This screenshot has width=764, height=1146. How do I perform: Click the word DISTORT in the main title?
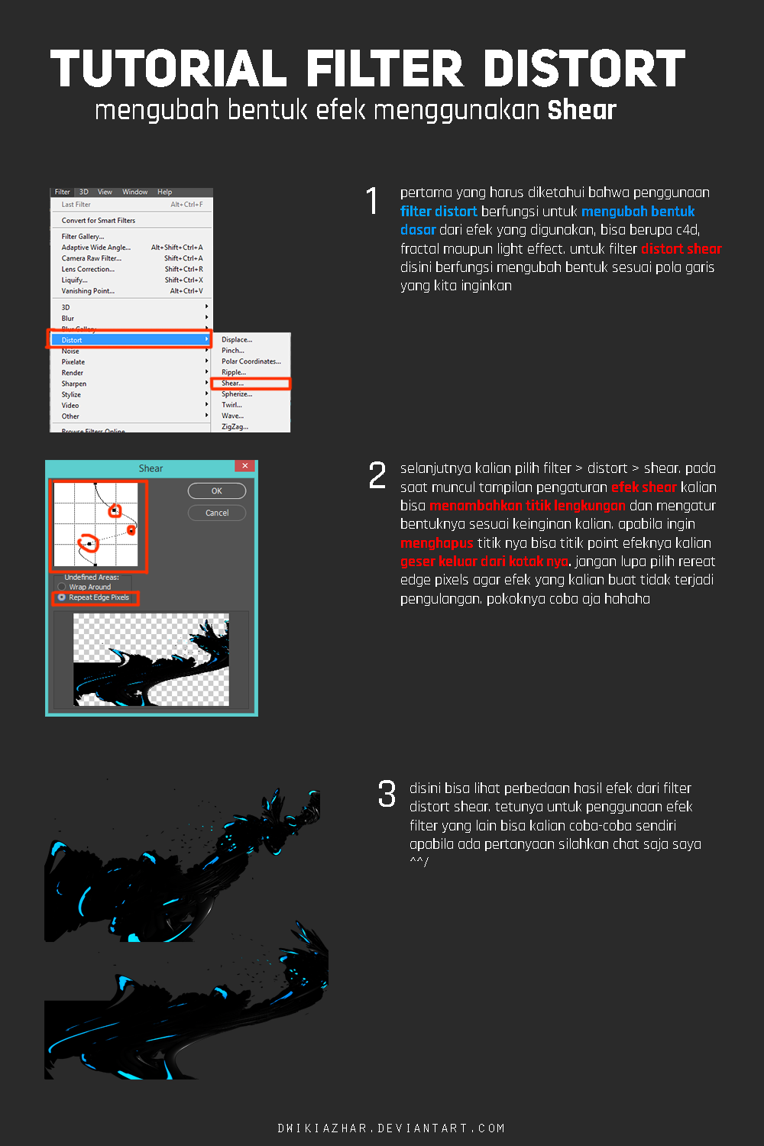point(584,69)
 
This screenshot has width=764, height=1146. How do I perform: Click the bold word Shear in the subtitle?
point(581,110)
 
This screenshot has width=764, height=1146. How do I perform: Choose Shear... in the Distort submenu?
point(233,384)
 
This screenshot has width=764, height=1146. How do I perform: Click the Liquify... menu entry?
point(76,280)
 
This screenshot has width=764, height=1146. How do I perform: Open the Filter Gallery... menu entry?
point(83,237)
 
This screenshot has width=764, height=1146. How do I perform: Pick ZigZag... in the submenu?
point(235,427)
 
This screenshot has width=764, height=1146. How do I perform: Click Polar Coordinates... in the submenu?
point(251,361)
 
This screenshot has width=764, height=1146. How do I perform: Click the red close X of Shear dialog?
point(244,466)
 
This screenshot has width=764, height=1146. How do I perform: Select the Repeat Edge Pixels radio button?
point(62,597)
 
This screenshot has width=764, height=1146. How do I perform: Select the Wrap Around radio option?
point(62,587)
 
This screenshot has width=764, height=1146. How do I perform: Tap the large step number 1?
point(372,201)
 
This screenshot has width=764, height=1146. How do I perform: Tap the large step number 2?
point(377,475)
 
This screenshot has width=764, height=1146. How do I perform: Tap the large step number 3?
point(387,794)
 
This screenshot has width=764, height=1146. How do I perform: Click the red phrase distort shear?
point(681,249)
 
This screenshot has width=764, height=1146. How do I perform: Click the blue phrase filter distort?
point(439,212)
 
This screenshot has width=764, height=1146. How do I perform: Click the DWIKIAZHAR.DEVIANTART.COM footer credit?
point(391,1128)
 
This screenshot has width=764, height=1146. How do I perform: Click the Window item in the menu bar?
point(134,193)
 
